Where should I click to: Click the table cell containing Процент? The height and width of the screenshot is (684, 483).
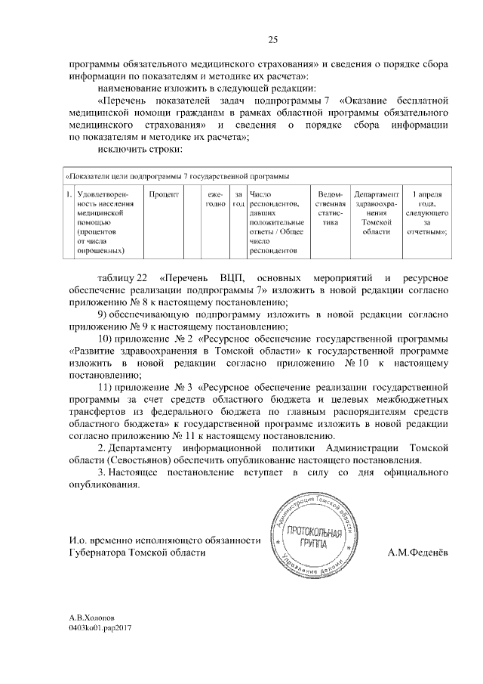coord(163,194)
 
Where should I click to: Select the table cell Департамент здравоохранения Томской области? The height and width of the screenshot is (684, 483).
coord(375,213)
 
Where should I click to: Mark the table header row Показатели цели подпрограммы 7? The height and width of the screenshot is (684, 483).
coord(177,176)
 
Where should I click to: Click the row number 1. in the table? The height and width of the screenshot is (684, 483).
coord(69,194)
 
